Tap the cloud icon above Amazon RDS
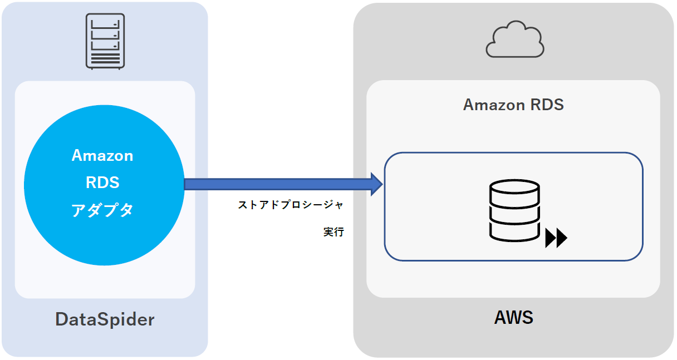click(x=514, y=40)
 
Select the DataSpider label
click(x=105, y=319)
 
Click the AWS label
click(x=513, y=318)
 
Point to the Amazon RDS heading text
click(x=513, y=104)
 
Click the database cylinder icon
click(x=514, y=210)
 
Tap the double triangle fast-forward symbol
click(x=556, y=238)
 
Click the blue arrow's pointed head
click(x=377, y=184)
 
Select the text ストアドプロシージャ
click(x=290, y=205)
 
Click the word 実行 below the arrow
click(x=333, y=232)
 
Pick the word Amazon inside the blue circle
click(x=102, y=155)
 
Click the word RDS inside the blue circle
click(x=102, y=182)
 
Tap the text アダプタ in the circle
click(x=102, y=210)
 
